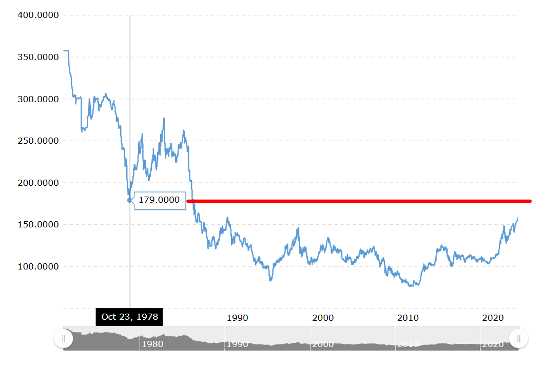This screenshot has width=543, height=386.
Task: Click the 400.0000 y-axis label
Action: [x=38, y=15]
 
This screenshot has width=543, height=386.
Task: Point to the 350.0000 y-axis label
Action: [x=38, y=57]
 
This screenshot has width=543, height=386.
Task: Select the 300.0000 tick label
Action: [x=38, y=99]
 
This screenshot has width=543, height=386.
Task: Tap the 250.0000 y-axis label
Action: [x=38, y=141]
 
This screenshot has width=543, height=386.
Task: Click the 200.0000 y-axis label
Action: [x=38, y=183]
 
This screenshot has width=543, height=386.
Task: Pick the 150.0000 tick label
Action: [x=38, y=224]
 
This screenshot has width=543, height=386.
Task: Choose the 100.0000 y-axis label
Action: [x=38, y=266]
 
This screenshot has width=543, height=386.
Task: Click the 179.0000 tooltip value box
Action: [x=160, y=200]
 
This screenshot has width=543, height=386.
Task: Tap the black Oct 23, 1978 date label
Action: [x=129, y=317]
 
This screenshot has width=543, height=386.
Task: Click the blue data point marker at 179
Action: [x=129, y=200]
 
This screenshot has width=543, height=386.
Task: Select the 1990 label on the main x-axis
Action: [x=237, y=318]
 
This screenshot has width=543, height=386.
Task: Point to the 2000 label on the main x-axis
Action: [x=323, y=318]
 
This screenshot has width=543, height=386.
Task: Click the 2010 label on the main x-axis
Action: [x=408, y=318]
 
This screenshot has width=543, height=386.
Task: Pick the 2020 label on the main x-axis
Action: [x=493, y=318]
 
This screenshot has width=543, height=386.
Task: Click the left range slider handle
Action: [x=63, y=339]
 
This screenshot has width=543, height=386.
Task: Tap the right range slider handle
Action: [x=518, y=339]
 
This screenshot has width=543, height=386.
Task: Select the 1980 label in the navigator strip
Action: [x=152, y=344]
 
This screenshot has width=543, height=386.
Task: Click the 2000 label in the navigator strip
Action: [x=323, y=344]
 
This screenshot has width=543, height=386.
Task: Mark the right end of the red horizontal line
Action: [x=530, y=201]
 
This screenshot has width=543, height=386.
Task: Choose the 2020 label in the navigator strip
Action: [x=493, y=344]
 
